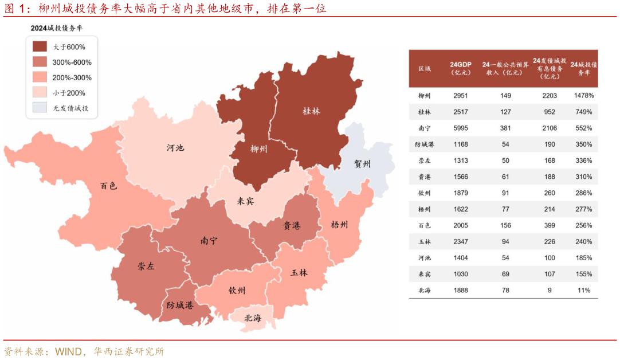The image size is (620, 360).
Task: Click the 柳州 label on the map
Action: coord(259,149)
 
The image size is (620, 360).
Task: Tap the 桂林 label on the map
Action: coord(311,111)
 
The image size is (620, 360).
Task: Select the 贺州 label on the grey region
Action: coord(362,164)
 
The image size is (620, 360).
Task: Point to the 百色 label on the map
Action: coord(108,186)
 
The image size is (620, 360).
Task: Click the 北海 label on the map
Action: coord(253,318)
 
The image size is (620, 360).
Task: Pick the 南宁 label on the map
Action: coord(209,241)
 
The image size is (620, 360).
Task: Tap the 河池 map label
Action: coord(175,148)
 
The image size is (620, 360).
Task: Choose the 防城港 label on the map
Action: coord(180,306)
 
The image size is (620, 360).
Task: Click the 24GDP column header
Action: coord(461,68)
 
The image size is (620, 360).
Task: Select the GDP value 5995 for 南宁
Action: coord(461,128)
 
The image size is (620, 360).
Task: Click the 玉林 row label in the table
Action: coord(425,242)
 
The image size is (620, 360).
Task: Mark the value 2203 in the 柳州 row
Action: coord(550,96)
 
